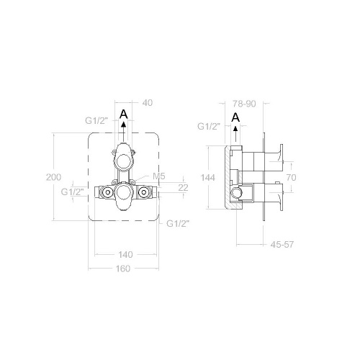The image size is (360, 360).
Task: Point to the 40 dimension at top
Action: (148, 102)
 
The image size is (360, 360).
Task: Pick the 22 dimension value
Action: (182, 187)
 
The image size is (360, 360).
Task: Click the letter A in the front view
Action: (124, 114)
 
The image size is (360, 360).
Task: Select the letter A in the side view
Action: (235, 117)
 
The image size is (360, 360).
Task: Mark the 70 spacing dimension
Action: (291, 176)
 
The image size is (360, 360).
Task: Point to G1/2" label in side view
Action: (210, 127)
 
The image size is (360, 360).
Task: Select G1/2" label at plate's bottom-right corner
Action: (177, 223)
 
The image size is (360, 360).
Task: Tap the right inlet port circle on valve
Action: (143, 192)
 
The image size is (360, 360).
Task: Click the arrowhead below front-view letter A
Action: (124, 125)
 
